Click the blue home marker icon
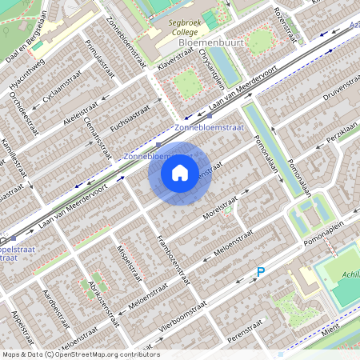click(180, 172)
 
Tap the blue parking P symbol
click(260, 273)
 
